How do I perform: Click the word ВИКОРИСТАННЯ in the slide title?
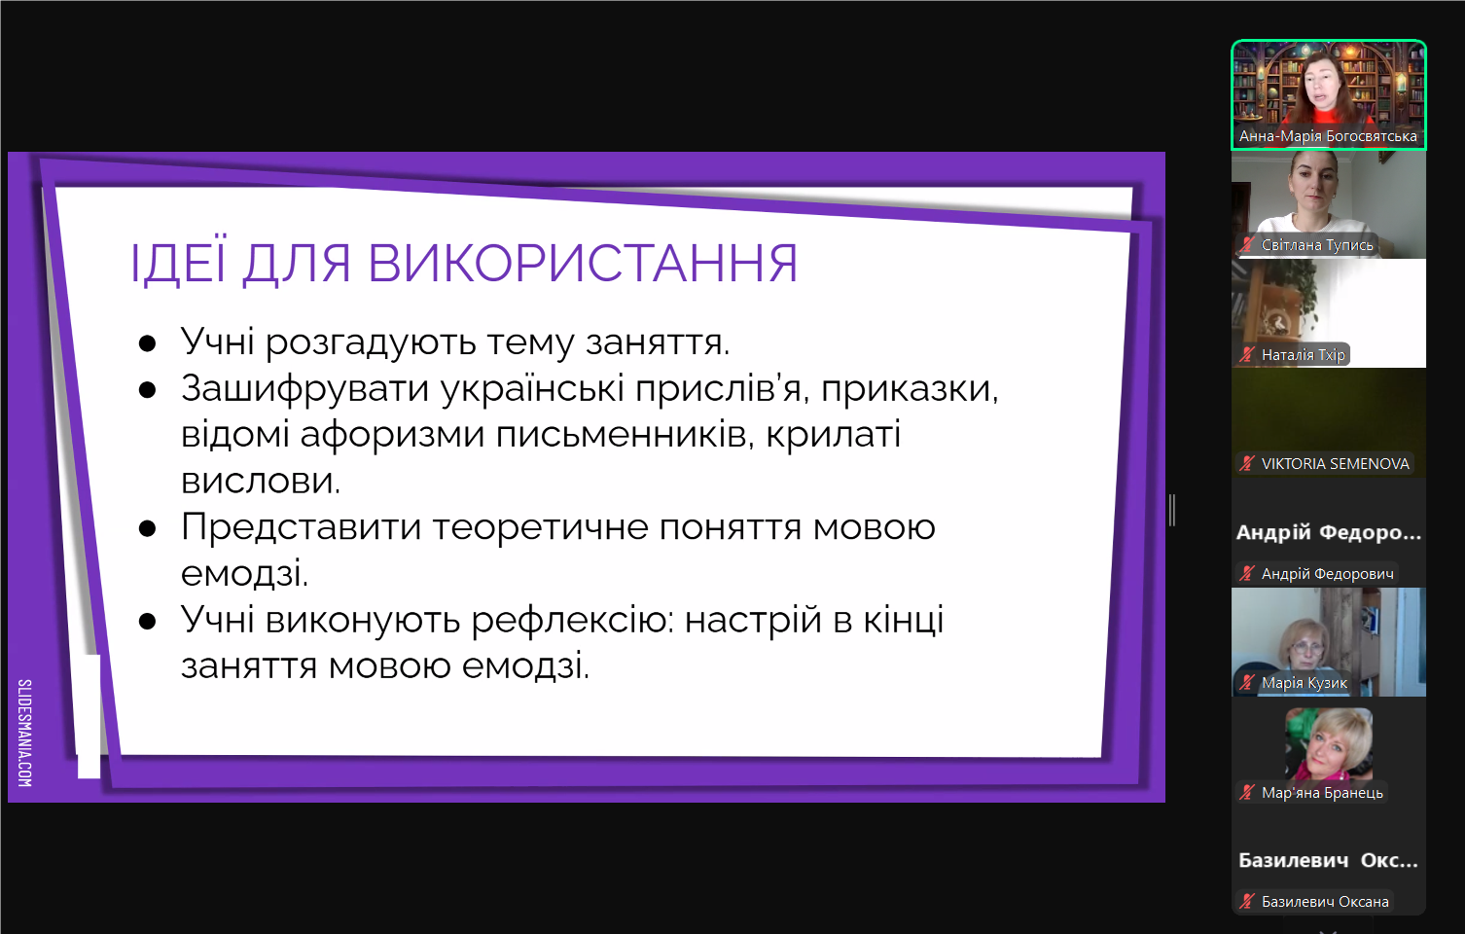(583, 263)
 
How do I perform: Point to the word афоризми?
(392, 435)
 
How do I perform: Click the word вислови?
(261, 481)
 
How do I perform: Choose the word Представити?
(301, 527)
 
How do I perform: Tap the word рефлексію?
(572, 620)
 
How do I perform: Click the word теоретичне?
(540, 527)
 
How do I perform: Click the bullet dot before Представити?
(148, 528)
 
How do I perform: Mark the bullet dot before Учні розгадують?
(148, 343)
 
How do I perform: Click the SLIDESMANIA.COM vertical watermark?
(25, 733)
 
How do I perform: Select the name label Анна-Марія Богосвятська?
(1328, 136)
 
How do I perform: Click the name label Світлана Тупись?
(1317, 245)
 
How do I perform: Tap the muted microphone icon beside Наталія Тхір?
(1247, 354)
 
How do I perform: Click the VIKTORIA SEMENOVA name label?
(1335, 464)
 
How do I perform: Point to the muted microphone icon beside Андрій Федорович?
(1247, 574)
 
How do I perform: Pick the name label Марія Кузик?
(1304, 683)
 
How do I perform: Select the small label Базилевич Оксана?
(1325, 901)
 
